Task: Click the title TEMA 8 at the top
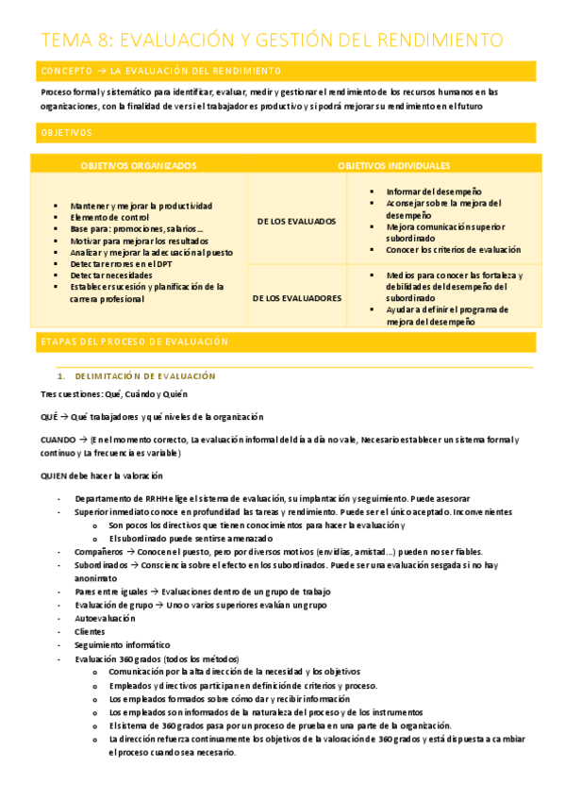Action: (x=272, y=40)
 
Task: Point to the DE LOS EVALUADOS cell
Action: (x=296, y=221)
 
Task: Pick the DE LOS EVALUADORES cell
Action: (x=296, y=297)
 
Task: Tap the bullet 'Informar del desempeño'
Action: (x=433, y=192)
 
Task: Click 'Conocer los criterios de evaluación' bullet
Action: (x=453, y=250)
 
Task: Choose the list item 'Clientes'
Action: (x=91, y=632)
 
